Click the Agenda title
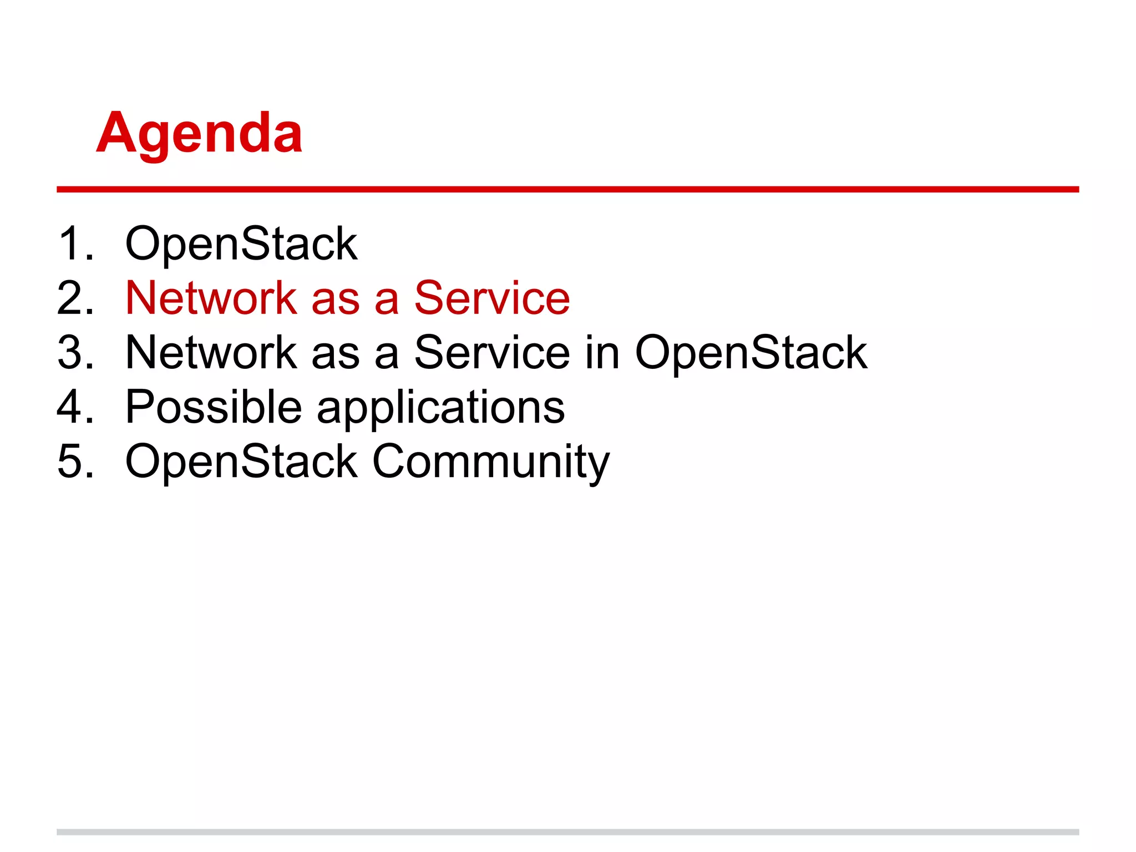(x=199, y=134)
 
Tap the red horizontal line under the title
(x=567, y=189)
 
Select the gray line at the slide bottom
(x=567, y=831)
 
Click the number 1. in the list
(x=75, y=244)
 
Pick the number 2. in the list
(x=75, y=298)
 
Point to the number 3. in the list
(x=75, y=352)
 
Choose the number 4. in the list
(x=75, y=407)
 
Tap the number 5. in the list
(x=75, y=461)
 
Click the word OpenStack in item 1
(x=241, y=245)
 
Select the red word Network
(x=211, y=298)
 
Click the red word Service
(x=492, y=298)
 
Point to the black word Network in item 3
(x=211, y=353)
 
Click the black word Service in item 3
(x=492, y=353)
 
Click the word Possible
(x=214, y=407)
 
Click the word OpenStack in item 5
(x=241, y=461)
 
